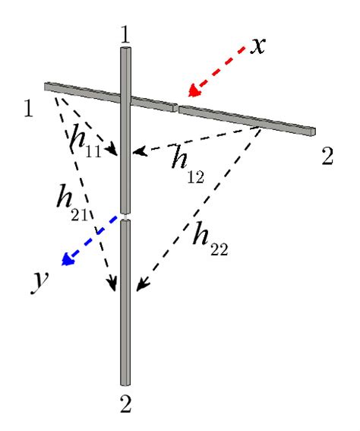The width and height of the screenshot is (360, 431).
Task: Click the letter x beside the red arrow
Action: tap(258, 46)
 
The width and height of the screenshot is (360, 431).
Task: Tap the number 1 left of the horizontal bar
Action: tap(29, 109)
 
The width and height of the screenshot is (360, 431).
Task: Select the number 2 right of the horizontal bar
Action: tap(327, 157)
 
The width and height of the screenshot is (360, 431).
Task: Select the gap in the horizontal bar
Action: tap(175, 108)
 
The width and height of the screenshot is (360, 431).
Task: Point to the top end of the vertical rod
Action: tap(127, 50)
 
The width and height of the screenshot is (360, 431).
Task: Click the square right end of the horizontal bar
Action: tap(311, 132)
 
